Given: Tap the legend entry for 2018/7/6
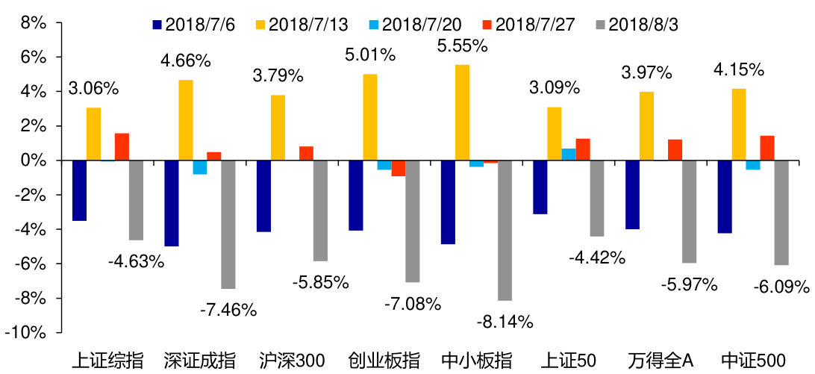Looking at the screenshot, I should click(192, 24).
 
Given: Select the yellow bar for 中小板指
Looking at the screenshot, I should click(463, 113).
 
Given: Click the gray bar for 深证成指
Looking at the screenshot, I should click(228, 225).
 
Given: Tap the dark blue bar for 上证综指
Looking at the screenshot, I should click(79, 190).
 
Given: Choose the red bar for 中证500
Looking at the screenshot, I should click(767, 148).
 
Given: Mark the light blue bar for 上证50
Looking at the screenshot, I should click(569, 155).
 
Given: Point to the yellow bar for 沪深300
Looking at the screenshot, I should click(278, 128).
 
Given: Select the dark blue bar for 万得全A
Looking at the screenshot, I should click(633, 195).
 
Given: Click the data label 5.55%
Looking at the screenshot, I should click(462, 46).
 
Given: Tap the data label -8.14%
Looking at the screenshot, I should click(505, 322).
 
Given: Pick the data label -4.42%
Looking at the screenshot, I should click(596, 258).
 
